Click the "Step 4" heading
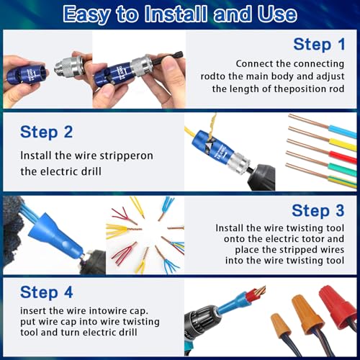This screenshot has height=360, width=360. point(49,292)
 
